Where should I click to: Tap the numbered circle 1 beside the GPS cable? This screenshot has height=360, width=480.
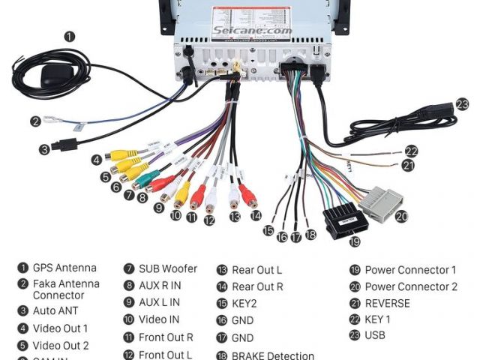[69, 36]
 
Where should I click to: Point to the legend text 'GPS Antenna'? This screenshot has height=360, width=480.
[64, 268]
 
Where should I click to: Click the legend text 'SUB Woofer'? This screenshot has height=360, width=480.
[168, 268]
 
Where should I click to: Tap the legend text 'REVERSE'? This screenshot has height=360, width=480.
[387, 304]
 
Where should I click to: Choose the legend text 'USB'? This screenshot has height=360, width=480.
[375, 335]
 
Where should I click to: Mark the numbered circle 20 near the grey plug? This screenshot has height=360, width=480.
[401, 216]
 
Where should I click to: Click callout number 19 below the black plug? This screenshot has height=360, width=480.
[355, 241]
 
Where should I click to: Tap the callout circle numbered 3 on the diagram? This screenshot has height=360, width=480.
[44, 149]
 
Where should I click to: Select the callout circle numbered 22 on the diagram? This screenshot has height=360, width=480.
[411, 151]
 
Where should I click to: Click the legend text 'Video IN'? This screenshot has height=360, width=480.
[160, 320]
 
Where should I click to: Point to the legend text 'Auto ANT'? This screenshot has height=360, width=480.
[55, 310]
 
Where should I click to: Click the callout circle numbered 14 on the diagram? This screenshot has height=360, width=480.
[256, 216]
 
